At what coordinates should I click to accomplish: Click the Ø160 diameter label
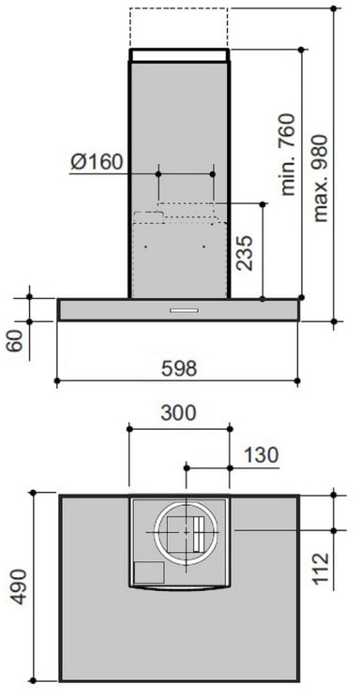pos(97,162)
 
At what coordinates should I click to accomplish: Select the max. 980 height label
pos(321,178)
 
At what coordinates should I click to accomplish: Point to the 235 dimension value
pos(245,253)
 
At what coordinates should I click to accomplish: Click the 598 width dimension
pos(179,368)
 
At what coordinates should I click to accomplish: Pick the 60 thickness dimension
pos(16,341)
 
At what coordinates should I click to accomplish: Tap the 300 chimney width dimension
pos(178,413)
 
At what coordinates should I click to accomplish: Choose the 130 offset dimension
pos(261,455)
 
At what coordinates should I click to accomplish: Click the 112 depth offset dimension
pos(321,569)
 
